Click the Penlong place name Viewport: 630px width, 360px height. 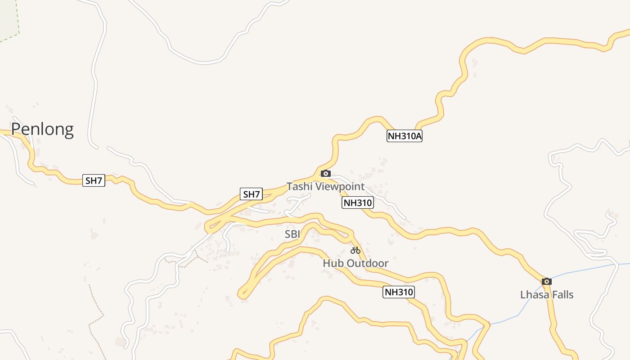42,129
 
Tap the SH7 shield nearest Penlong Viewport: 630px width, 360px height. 94,180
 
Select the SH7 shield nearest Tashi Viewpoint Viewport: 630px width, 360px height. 251,194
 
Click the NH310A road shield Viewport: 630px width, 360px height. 404,136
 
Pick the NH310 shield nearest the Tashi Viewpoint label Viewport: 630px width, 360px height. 358,202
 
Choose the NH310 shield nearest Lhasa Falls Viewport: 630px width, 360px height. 399,292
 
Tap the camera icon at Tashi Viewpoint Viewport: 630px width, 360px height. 325,174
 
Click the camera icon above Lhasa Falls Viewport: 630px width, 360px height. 547,282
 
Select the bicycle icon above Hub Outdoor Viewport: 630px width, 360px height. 355,250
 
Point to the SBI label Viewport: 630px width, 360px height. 292,234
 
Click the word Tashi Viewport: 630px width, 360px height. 299,186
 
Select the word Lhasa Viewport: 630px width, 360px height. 534,295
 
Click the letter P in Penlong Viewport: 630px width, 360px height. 16,129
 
